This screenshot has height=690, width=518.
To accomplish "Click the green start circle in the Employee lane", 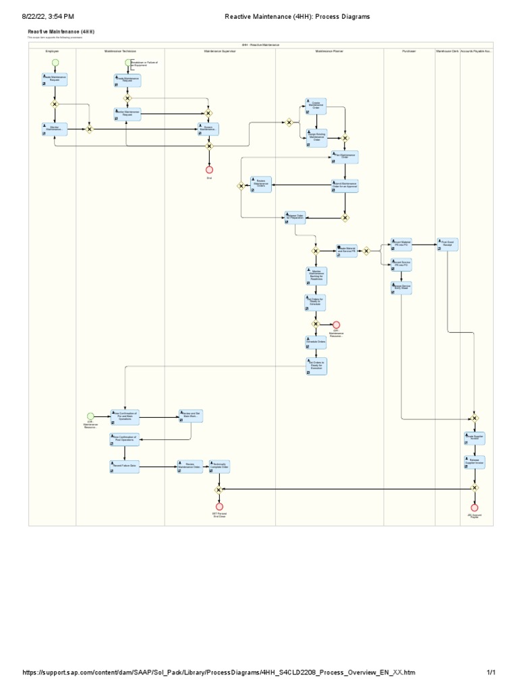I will (x=55, y=63).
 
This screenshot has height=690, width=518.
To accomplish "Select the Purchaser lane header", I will (x=409, y=51).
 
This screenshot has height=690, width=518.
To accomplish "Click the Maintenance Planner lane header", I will (x=329, y=51).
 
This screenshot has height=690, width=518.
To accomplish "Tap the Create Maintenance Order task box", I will (x=316, y=106).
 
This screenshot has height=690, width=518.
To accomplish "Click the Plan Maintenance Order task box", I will (x=344, y=156).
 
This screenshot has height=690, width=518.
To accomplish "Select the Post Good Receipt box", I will (x=447, y=244).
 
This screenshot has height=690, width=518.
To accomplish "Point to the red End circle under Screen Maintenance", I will (x=209, y=169).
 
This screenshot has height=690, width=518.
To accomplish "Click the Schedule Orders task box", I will (x=316, y=342).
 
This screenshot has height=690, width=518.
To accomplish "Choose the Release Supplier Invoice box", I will (x=473, y=462).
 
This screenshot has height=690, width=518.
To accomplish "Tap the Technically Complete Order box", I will (x=219, y=466).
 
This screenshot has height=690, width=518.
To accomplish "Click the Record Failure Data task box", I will (x=124, y=466).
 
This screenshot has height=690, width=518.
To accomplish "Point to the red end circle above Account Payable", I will (x=474, y=507).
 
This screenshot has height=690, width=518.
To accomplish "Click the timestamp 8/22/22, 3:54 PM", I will (x=49, y=16).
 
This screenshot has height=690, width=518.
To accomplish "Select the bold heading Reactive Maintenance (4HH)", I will (x=61, y=32).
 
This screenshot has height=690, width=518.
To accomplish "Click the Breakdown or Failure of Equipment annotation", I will (x=147, y=64).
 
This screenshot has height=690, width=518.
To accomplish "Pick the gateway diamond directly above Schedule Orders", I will (x=315, y=324).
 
